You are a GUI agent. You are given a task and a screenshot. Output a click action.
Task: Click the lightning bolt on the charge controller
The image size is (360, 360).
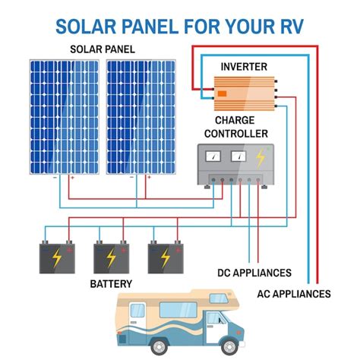(x=261, y=157)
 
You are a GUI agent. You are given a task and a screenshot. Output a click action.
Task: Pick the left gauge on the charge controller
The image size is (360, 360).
(x=216, y=156)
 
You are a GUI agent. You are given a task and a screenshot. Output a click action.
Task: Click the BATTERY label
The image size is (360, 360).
(x=111, y=284)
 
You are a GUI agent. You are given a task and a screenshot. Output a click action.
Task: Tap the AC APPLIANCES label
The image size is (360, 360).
(x=292, y=294)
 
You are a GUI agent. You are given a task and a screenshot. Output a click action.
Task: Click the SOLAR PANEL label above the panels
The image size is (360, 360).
(x=103, y=49)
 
